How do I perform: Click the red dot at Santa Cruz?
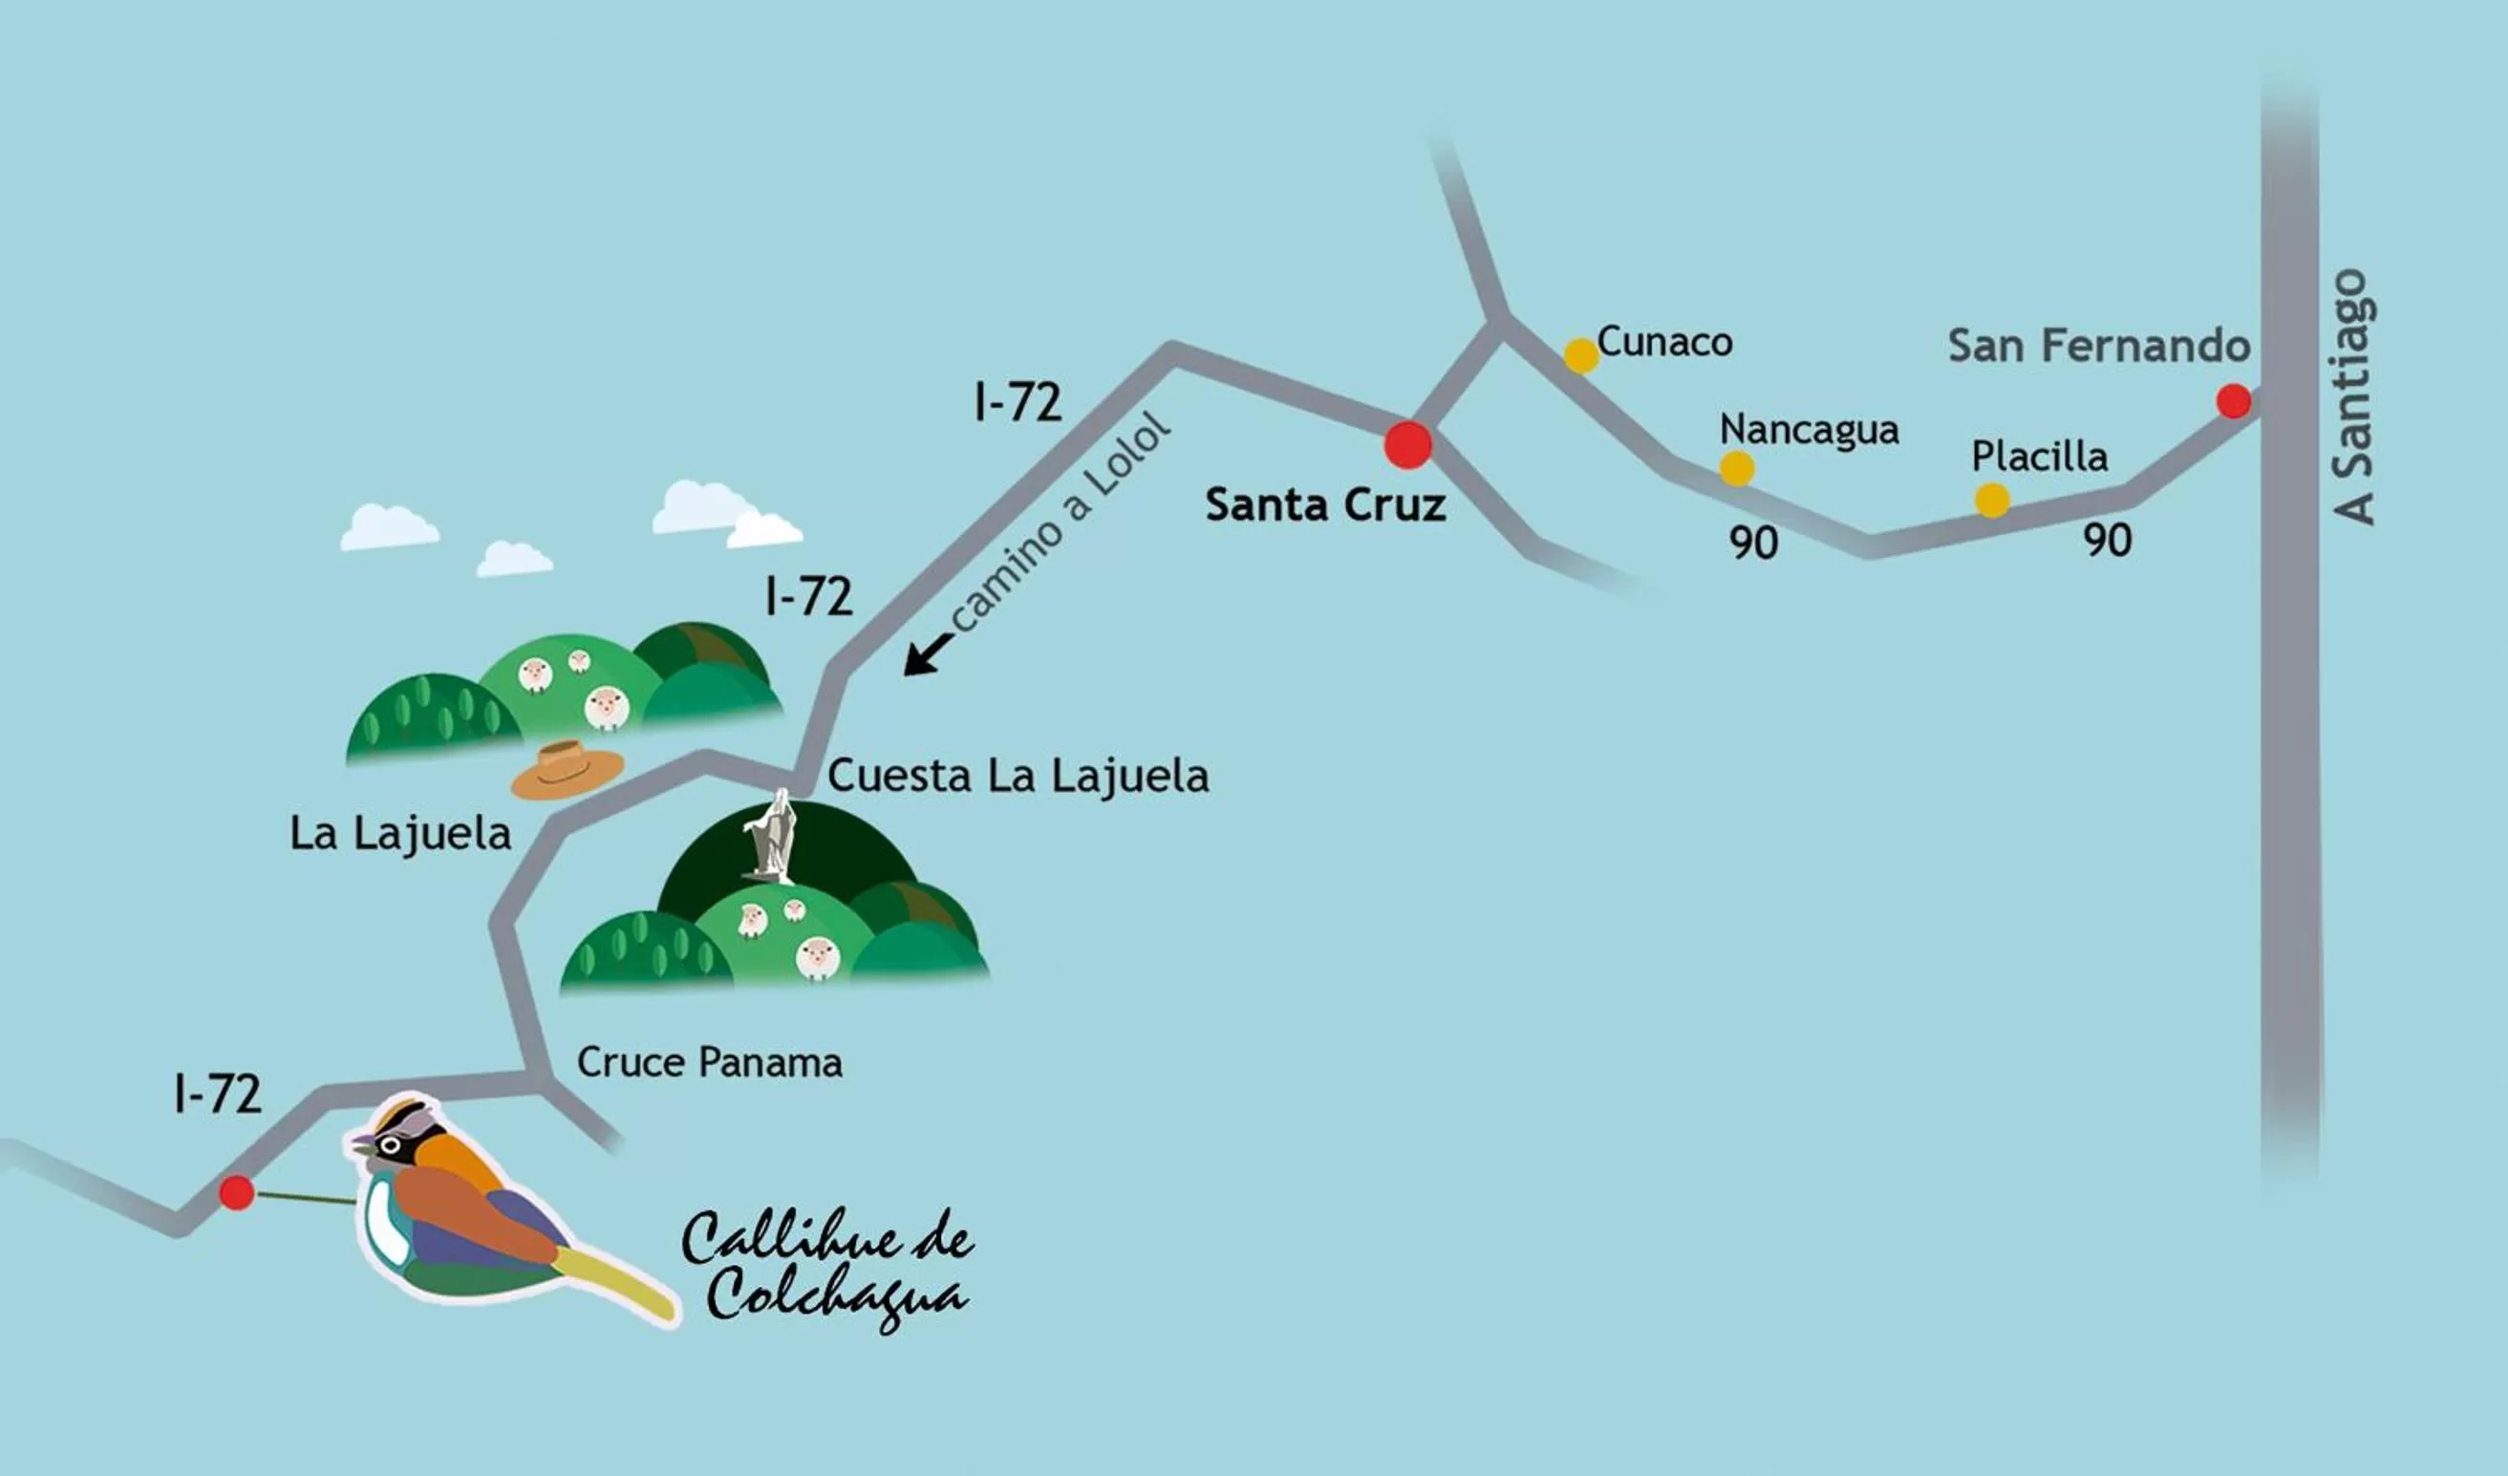[1407, 444]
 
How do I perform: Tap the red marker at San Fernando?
[2234, 401]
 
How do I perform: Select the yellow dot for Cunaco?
[1580, 355]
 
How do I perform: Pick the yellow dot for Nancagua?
[1737, 468]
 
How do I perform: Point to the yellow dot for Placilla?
[1991, 500]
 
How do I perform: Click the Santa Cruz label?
[1324, 504]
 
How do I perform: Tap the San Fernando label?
[2098, 346]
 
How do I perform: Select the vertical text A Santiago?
[2355, 396]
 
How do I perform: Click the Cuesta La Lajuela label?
[1018, 776]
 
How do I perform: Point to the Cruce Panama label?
[710, 1062]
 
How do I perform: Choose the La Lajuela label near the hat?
[400, 833]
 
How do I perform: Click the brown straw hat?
[568, 769]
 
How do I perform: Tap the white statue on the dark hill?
[771, 838]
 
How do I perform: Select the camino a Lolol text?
[1060, 521]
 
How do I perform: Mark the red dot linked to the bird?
[236, 1191]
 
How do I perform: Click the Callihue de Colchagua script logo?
[826, 1267]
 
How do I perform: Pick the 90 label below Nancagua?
[1752, 543]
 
